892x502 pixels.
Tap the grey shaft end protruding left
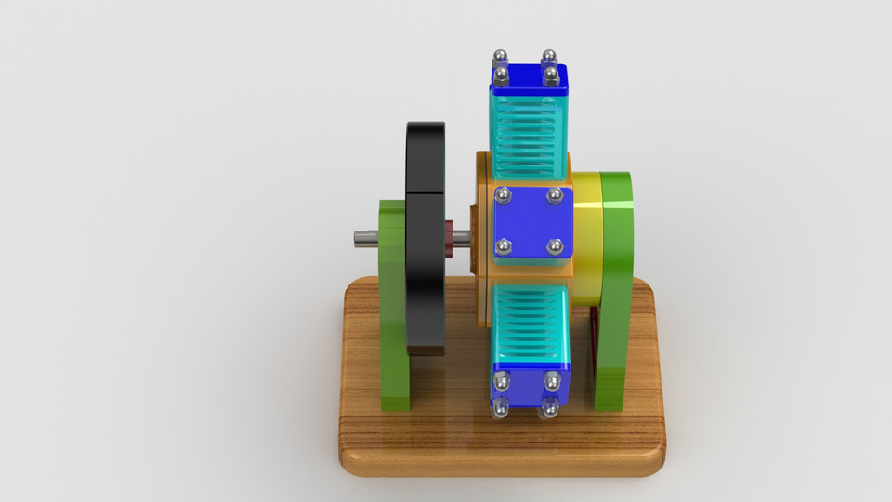click(365, 239)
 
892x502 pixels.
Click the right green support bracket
click(615, 288)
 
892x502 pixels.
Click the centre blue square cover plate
click(529, 221)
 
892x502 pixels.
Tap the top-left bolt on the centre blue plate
click(504, 195)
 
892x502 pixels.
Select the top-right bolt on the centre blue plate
click(555, 195)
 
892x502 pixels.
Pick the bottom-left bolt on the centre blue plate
click(504, 246)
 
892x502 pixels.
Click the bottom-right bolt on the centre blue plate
click(555, 246)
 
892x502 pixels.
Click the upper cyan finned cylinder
click(528, 135)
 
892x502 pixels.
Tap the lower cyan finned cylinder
click(530, 325)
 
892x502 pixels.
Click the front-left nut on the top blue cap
click(502, 73)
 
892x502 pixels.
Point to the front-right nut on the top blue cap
click(551, 73)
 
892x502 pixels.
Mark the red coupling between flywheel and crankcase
click(450, 237)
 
